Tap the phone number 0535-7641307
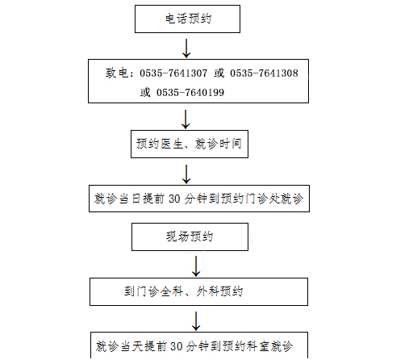tap(173, 73)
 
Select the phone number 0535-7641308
tap(264, 73)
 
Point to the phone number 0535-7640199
tap(190, 93)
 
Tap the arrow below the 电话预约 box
tap(186, 48)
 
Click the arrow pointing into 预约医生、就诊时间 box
tap(186, 119)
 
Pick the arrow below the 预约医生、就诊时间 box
tap(186, 174)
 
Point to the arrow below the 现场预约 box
tap(196, 266)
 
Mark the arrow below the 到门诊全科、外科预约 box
tap(196, 321)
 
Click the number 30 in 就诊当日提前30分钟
tap(174, 199)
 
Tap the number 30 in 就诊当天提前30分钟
tap(176, 346)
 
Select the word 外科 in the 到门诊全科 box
tap(207, 291)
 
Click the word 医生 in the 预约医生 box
tap(172, 144)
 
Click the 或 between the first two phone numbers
tap(219, 73)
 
